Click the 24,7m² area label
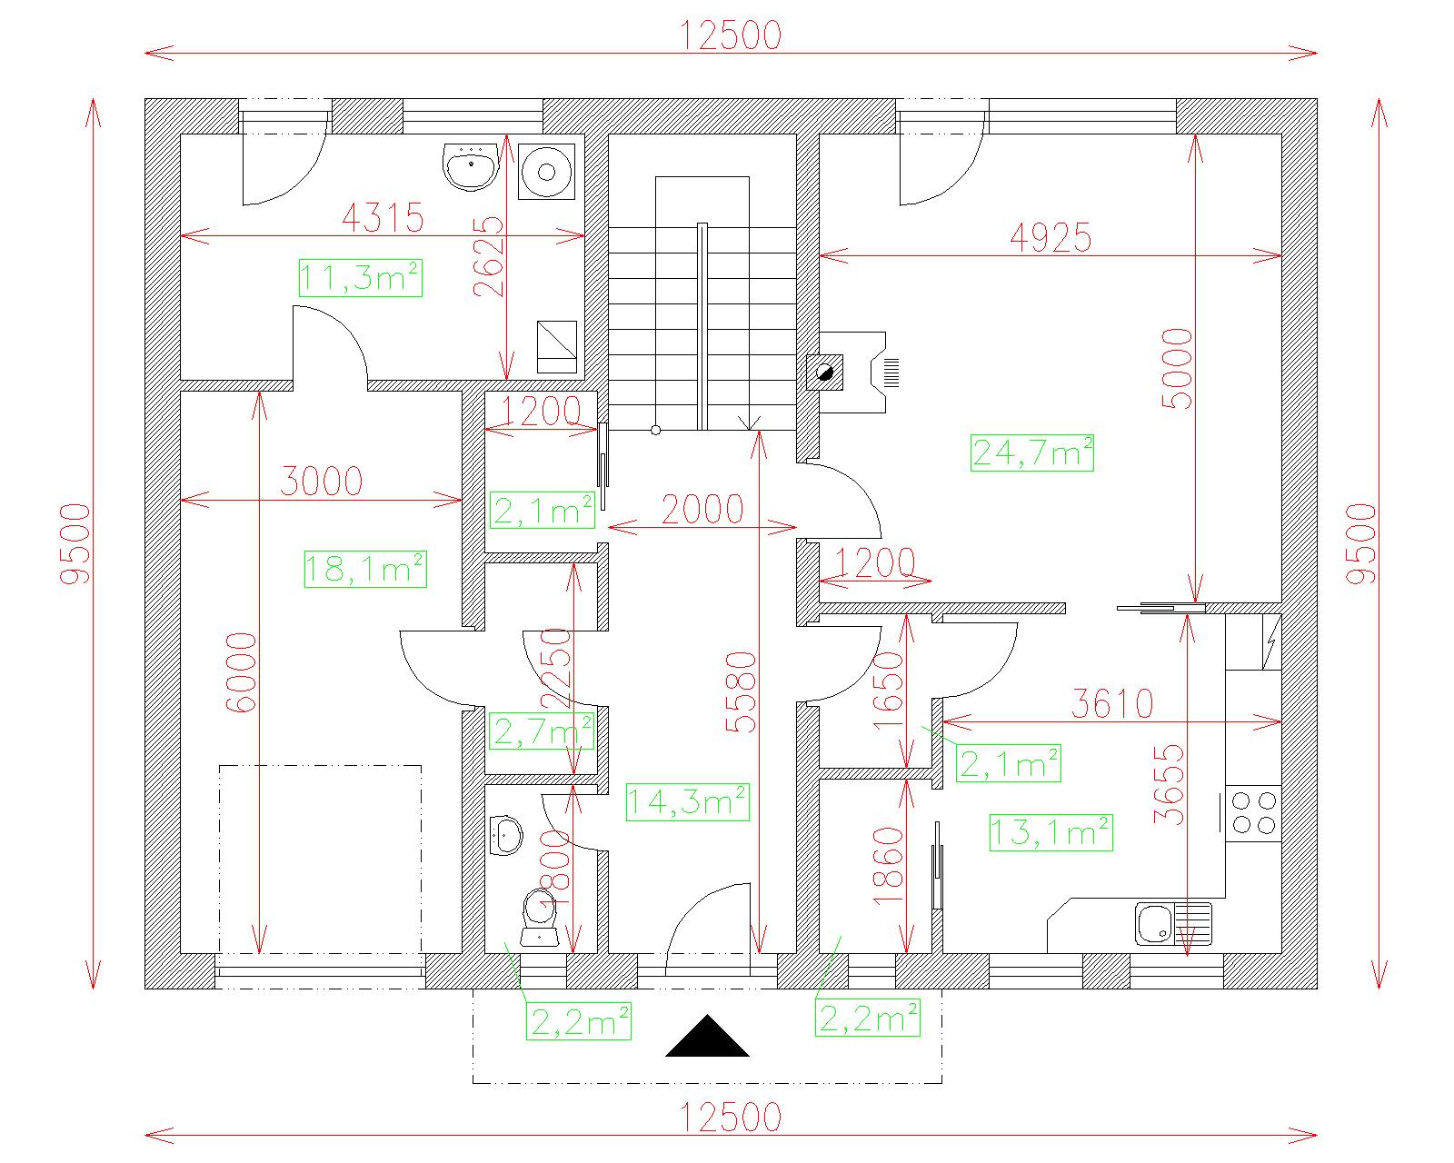point(1031,453)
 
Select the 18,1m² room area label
point(365,569)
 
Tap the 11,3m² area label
point(361,278)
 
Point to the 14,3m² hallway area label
point(688,802)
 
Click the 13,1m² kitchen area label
point(1051,832)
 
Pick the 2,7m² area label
point(542,731)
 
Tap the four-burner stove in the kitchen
point(1254,813)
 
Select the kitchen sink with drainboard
point(1173,923)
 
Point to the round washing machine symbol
point(546,172)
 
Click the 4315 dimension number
point(383,217)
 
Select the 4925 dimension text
point(1051,237)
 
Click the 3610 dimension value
point(1113,703)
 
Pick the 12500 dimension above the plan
point(731,35)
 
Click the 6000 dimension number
point(241,672)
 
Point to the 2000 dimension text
point(702,510)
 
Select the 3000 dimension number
point(322,482)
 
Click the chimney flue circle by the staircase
point(824,373)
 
